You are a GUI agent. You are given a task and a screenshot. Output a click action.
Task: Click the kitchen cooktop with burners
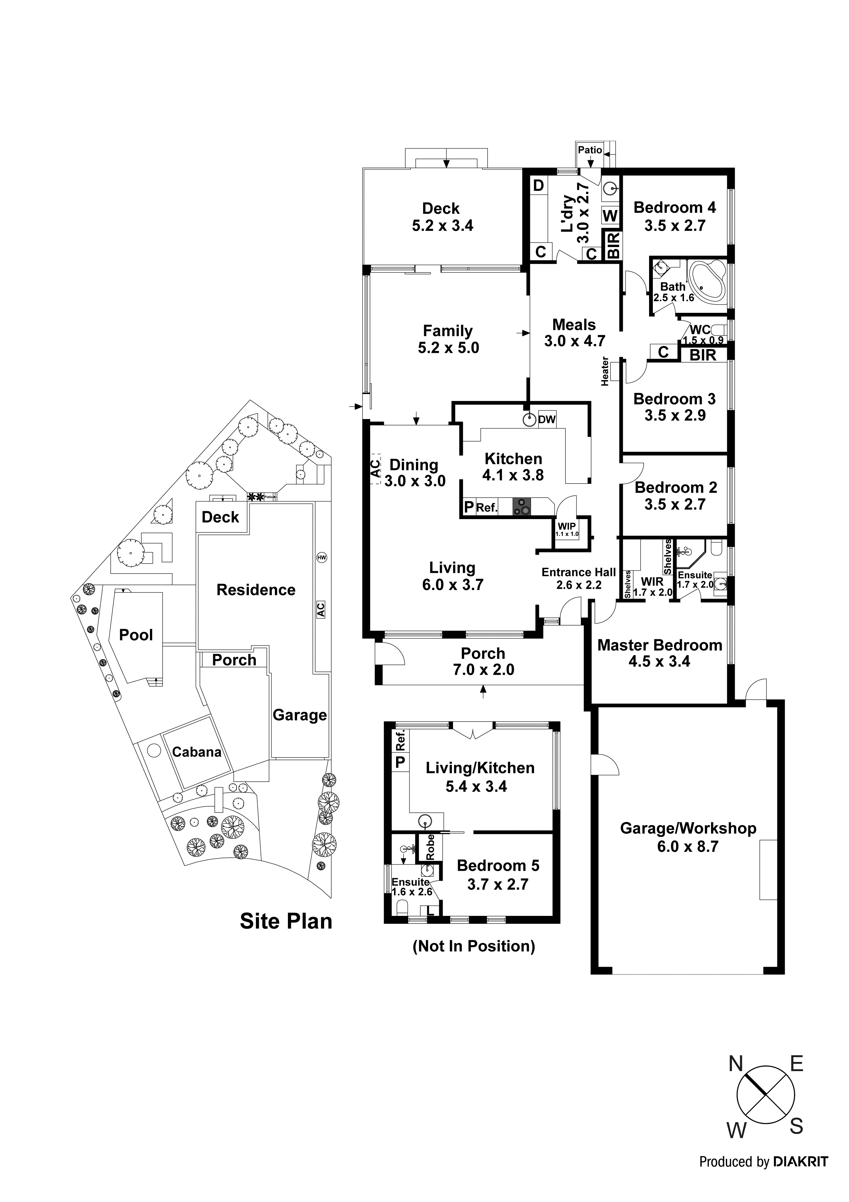click(x=521, y=506)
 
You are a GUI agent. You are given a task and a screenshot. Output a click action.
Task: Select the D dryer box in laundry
click(x=538, y=185)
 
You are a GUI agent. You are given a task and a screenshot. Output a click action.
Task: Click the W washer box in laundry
click(x=610, y=216)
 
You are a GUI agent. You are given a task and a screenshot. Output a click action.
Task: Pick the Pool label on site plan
click(x=136, y=635)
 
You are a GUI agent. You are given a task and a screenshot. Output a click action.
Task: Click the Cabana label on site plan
click(x=197, y=752)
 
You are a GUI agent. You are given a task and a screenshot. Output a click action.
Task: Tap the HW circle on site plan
click(x=321, y=557)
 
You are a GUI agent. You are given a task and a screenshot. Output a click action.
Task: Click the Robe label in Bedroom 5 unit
click(x=430, y=847)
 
